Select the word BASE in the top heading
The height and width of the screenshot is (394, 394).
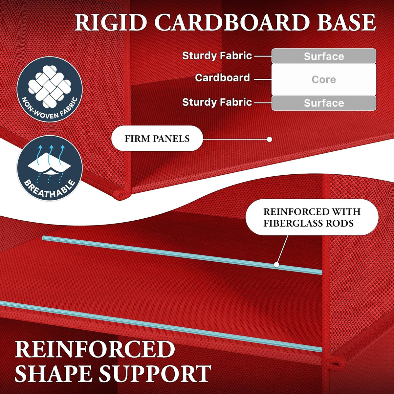pyautogui.click(x=346, y=22)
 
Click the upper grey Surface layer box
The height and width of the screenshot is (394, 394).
pyautogui.click(x=324, y=56)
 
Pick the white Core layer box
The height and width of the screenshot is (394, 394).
pyautogui.click(x=324, y=79)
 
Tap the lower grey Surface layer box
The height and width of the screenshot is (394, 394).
pyautogui.click(x=324, y=103)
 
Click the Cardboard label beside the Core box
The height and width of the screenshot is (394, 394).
pyautogui.click(x=222, y=78)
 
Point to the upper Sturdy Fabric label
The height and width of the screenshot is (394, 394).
pyautogui.click(x=217, y=55)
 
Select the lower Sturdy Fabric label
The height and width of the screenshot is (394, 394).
pyautogui.click(x=217, y=102)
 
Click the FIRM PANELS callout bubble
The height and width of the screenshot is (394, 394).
pyautogui.click(x=157, y=139)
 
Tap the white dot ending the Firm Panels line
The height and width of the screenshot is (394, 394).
pyautogui.click(x=270, y=140)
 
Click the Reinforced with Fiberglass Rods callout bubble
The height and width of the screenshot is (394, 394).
pyautogui.click(x=312, y=217)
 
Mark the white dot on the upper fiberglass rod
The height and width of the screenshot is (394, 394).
pyautogui.click(x=276, y=265)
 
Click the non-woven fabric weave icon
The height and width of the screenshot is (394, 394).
pyautogui.click(x=50, y=86)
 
